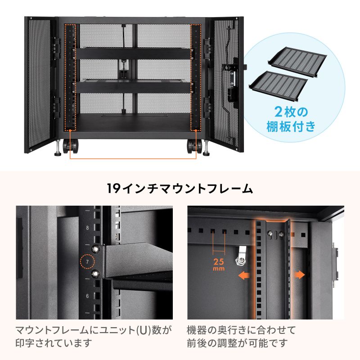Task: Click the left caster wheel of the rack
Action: (72, 147)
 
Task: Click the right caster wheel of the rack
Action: (194, 147)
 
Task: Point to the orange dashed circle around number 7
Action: (87, 261)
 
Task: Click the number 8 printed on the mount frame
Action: (87, 228)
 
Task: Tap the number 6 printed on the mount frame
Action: (87, 296)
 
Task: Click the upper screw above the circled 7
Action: (95, 248)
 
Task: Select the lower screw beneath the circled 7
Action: (95, 273)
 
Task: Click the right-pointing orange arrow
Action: (299, 274)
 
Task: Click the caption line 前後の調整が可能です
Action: (237, 344)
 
